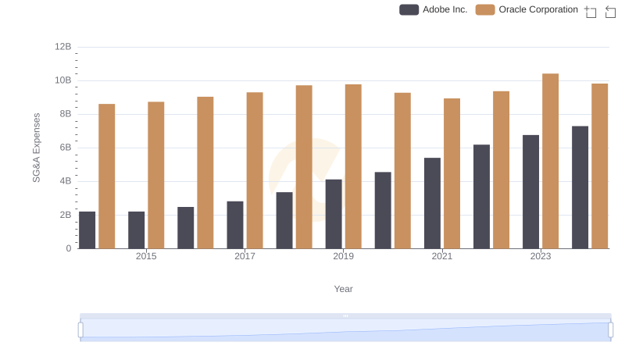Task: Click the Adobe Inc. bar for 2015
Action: point(137,230)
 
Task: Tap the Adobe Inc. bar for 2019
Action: point(334,214)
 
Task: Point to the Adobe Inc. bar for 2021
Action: point(432,203)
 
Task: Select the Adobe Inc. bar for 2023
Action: point(531,191)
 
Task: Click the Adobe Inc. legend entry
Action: point(434,9)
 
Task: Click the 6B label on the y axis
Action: point(63,148)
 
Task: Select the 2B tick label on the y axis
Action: point(63,215)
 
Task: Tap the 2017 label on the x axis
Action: point(245,256)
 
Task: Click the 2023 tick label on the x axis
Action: point(541,256)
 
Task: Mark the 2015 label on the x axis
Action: point(146,256)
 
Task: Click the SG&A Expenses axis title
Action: point(36,148)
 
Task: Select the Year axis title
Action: point(344,289)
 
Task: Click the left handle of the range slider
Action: point(80,330)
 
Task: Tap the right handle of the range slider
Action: point(610,330)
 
